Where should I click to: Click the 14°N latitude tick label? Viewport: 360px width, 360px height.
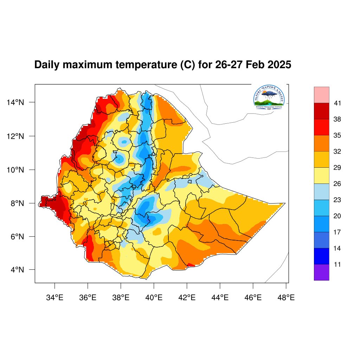click(x=16, y=102)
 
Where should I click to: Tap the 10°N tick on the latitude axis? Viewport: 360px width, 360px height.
click(x=16, y=170)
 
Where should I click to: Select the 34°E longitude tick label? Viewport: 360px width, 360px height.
click(x=54, y=298)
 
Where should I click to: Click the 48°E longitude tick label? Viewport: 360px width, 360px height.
click(x=285, y=298)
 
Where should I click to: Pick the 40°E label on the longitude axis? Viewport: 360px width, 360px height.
click(x=154, y=298)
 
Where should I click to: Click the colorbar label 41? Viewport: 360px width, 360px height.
click(x=337, y=103)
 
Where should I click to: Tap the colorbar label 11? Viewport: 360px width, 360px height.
click(x=337, y=264)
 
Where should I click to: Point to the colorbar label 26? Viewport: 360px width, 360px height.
click(x=337, y=184)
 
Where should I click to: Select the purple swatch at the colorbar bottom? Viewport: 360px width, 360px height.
click(x=322, y=272)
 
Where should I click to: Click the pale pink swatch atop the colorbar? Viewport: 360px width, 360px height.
click(x=322, y=95)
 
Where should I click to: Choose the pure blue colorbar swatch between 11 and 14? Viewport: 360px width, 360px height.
click(x=322, y=256)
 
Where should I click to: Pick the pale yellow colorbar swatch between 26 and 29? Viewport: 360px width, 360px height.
click(x=322, y=175)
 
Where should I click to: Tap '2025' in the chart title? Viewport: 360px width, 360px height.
click(x=278, y=65)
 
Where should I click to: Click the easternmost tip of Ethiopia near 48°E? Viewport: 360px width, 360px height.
click(x=284, y=203)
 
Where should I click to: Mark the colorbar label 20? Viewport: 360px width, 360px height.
click(x=337, y=216)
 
